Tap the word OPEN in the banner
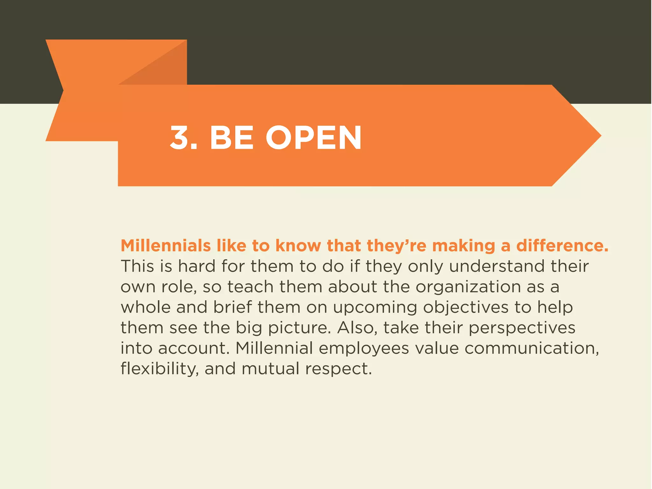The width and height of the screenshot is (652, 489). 314,138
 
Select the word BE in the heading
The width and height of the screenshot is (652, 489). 231,138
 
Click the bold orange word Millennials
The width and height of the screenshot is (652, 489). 166,246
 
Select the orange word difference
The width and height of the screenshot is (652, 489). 562,246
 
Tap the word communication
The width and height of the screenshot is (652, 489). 532,348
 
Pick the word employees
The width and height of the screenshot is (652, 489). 364,349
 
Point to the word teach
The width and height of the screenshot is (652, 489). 250,287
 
